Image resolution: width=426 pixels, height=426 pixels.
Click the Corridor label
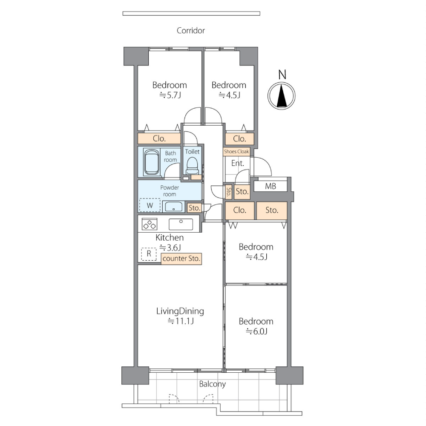click(x=191, y=30)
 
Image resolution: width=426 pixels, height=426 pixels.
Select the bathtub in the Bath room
click(x=152, y=162)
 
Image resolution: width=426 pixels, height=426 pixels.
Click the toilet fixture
click(x=193, y=165)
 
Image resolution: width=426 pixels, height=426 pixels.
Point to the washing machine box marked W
click(x=150, y=205)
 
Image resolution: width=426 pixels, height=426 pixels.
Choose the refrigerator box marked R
click(x=149, y=254)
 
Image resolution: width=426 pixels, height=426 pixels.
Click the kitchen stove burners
click(x=150, y=225)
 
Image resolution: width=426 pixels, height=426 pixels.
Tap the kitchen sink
click(x=181, y=225)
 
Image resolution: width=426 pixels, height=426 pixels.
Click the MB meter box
click(x=271, y=187)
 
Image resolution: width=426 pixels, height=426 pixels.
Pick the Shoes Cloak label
click(x=236, y=152)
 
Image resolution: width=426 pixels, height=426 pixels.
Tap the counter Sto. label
click(x=181, y=259)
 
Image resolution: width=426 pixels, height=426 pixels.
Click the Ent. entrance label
click(x=238, y=163)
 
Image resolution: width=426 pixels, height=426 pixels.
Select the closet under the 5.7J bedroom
click(x=159, y=138)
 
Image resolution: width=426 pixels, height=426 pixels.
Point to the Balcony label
click(x=213, y=384)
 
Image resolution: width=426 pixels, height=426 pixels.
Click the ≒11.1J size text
click(x=181, y=321)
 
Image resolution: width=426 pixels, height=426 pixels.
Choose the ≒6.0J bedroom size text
click(x=257, y=331)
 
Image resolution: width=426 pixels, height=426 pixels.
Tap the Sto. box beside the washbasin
click(x=194, y=208)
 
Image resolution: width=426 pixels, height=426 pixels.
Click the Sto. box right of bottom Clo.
click(x=272, y=210)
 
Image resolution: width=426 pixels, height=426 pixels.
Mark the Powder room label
click(x=170, y=191)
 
